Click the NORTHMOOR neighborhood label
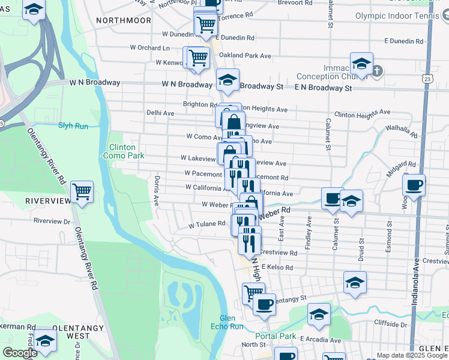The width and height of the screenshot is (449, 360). click(124, 20)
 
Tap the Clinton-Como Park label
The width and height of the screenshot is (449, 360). click(122, 151)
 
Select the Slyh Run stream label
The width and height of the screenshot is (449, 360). click(73, 126)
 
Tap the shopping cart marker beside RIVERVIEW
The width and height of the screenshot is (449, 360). click(82, 192)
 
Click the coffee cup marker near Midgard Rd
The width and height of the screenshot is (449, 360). click(414, 185)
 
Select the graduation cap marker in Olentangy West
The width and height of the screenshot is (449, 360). click(44, 340)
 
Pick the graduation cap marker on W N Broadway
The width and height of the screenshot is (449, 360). click(228, 80)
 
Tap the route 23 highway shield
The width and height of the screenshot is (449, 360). click(426, 79)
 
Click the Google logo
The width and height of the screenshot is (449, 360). click(20, 353)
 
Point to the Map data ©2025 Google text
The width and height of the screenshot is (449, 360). click(412, 355)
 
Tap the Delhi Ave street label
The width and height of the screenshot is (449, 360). click(160, 113)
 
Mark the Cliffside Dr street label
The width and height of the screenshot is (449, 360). click(390, 324)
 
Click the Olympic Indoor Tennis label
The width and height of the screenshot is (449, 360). click(402, 16)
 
